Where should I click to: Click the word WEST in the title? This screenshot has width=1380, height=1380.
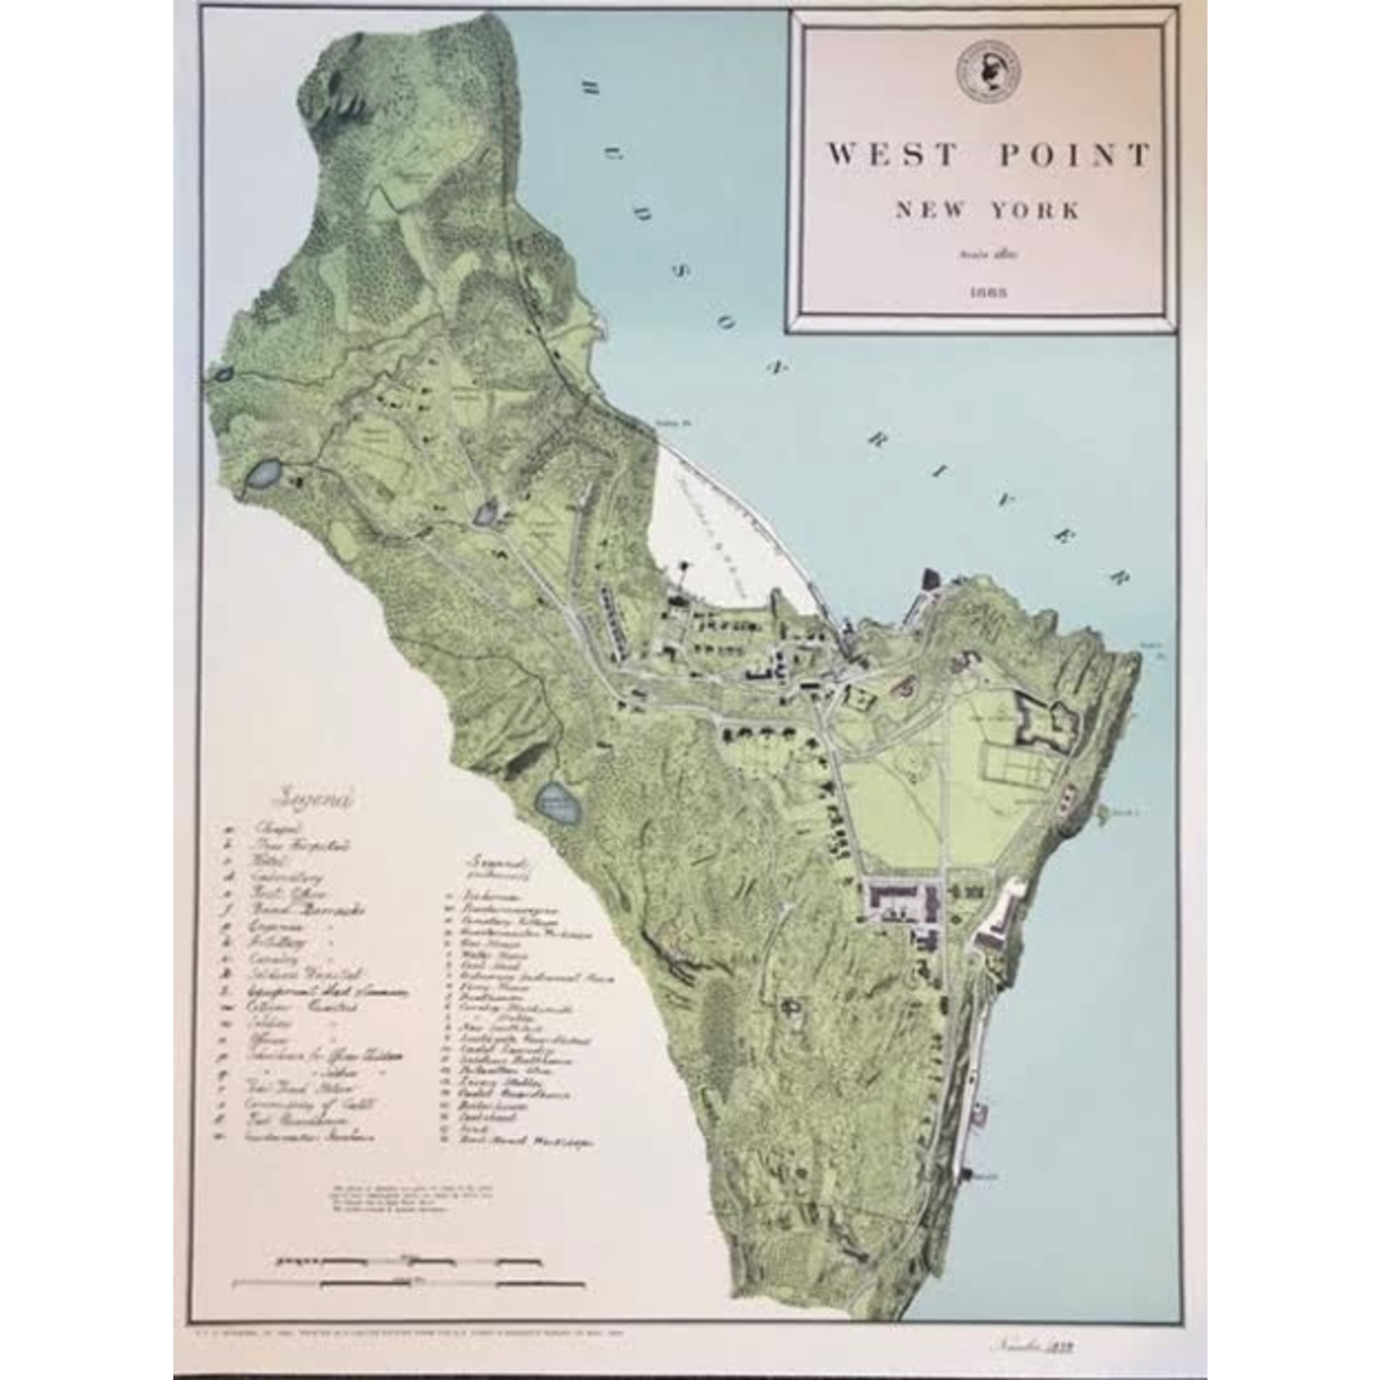892,154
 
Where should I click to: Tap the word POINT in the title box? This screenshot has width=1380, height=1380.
1074,154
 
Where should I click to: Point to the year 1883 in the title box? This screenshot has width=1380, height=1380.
987,292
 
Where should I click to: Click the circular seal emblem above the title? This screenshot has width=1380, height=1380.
988,72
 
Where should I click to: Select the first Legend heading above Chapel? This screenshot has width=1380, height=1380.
317,798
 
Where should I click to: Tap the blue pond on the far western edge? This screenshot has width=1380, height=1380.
264,475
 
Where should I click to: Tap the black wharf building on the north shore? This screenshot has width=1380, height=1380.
930,579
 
